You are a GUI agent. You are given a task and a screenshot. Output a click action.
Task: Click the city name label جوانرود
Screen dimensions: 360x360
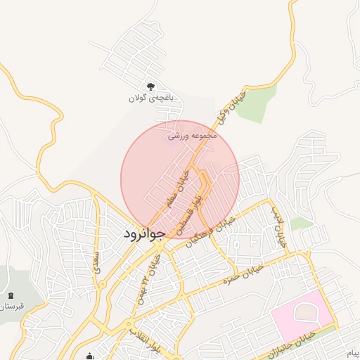coord(143,232)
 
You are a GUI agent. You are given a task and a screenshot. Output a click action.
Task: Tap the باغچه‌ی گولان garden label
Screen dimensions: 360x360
coord(150,98)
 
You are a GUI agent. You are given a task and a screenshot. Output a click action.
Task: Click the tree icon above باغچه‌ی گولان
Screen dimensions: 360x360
coord(150,86)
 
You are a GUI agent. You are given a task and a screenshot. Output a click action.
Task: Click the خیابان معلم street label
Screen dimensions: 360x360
coord(177,187)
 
